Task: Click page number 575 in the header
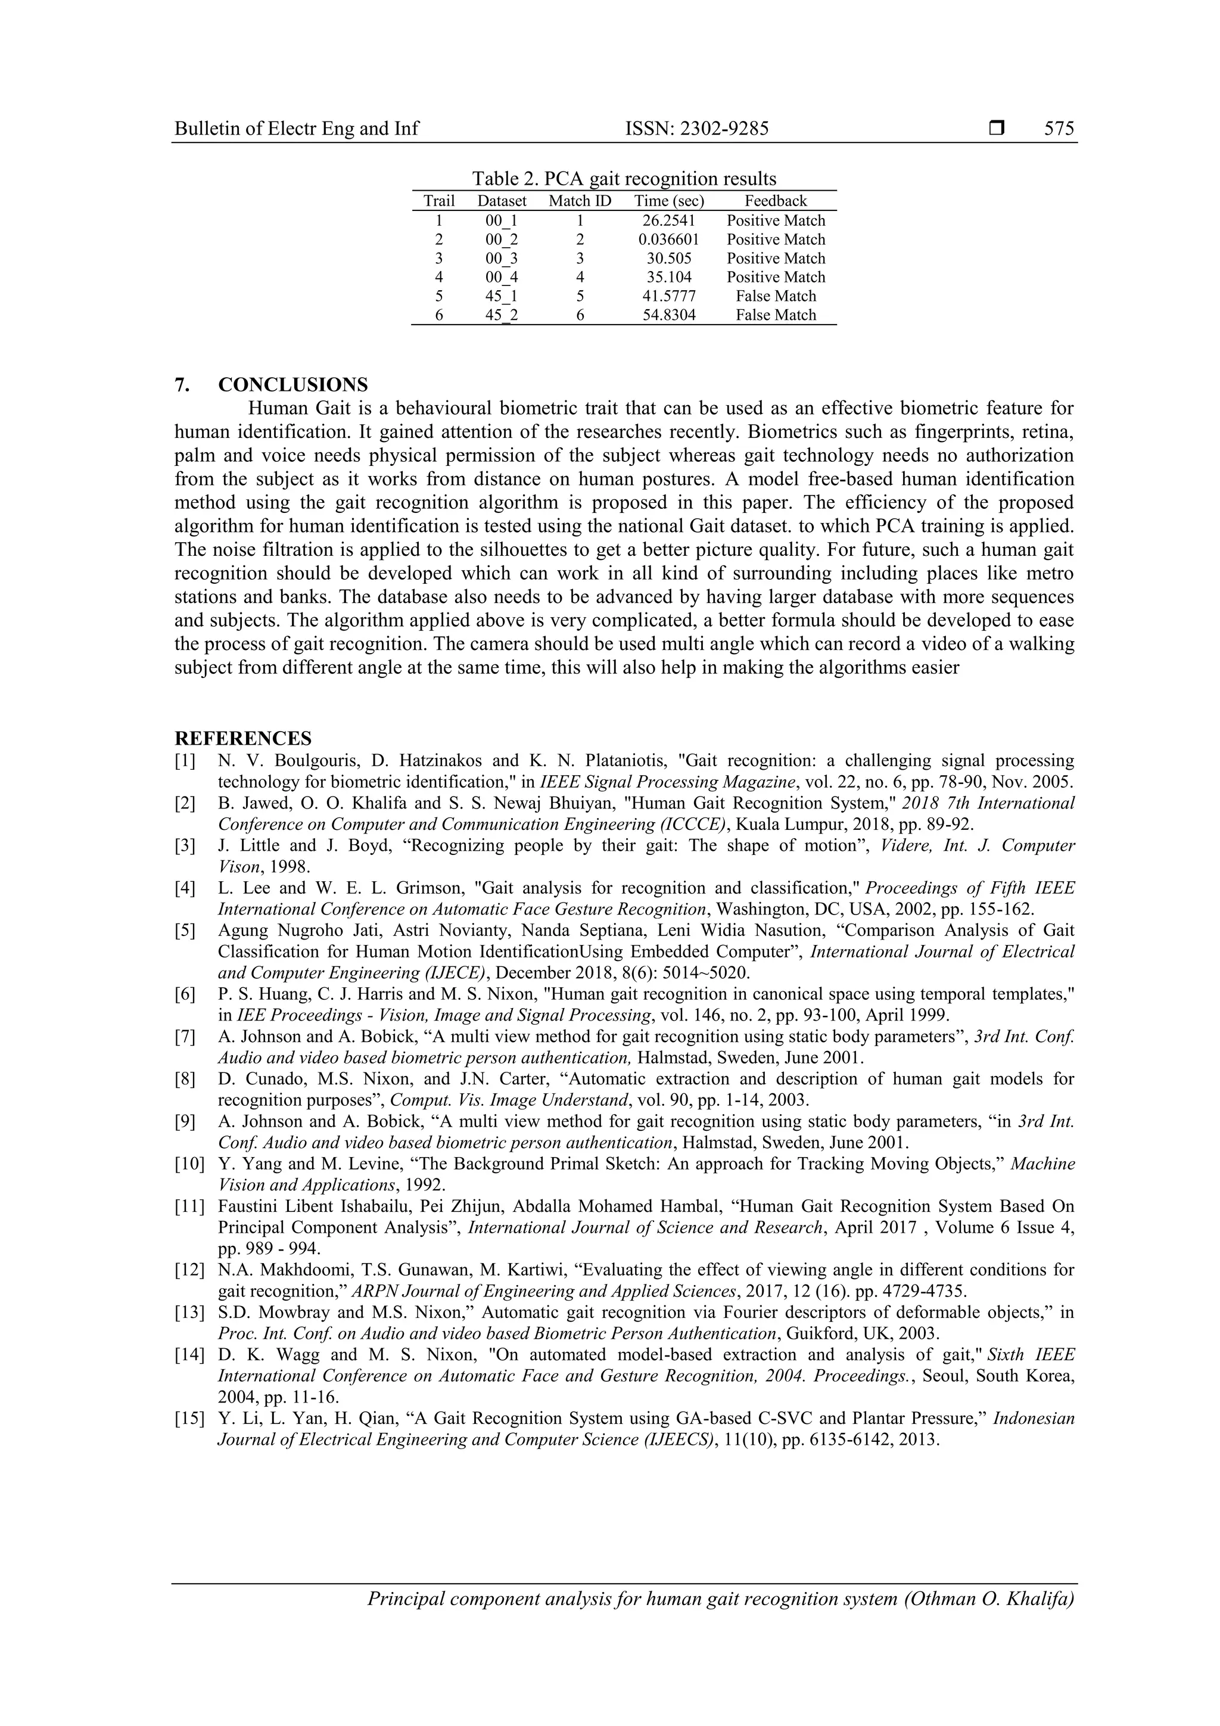point(1059,129)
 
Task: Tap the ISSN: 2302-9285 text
point(697,129)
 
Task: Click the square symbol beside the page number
point(997,129)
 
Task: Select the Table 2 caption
point(624,179)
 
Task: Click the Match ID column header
point(580,201)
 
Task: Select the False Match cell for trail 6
point(775,315)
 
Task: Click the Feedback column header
point(775,201)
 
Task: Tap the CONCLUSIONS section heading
point(292,385)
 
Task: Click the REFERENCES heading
point(243,738)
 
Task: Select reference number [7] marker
point(185,1037)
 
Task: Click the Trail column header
point(439,201)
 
